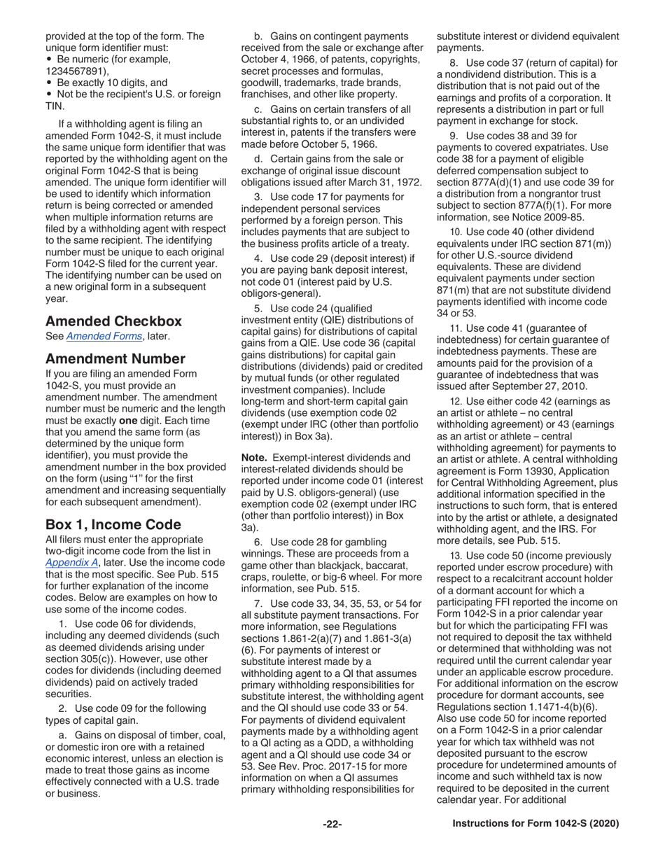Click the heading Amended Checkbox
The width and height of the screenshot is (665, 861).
113,321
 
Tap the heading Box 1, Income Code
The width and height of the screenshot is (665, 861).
113,524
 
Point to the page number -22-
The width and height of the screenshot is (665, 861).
332,824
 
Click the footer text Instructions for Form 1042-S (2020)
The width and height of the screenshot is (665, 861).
535,824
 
